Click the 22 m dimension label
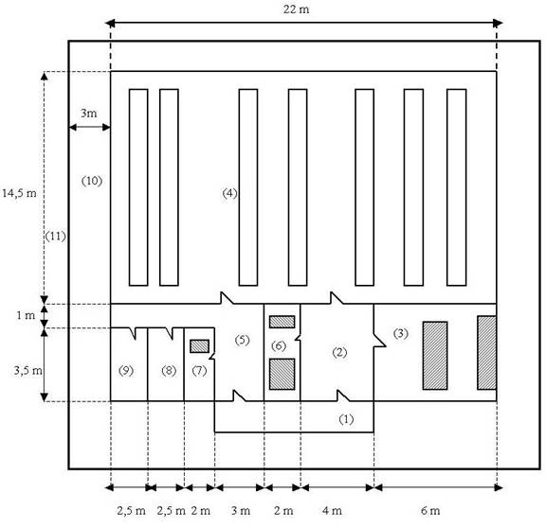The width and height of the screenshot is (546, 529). (x=296, y=9)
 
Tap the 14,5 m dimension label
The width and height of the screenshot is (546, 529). (x=19, y=193)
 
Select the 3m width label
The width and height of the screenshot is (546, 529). (x=88, y=113)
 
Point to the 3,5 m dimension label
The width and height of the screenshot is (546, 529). (x=27, y=371)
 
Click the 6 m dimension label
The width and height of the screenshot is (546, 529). (x=430, y=511)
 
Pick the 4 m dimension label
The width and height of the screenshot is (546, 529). (x=332, y=511)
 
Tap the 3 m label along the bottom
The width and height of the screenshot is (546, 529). (x=241, y=511)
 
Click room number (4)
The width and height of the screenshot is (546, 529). (x=229, y=193)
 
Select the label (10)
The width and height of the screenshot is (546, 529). (x=92, y=181)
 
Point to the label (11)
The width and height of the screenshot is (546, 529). (x=55, y=237)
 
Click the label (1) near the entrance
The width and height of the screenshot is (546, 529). (x=346, y=419)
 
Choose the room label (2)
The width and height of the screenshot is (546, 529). (x=339, y=352)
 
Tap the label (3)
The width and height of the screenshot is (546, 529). (x=400, y=334)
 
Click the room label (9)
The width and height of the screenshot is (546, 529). (x=126, y=371)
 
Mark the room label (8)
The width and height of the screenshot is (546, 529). (x=169, y=371)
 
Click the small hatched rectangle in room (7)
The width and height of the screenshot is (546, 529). (x=199, y=346)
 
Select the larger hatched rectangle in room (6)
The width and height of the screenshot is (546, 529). (x=282, y=374)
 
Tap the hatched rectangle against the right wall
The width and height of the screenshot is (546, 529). (x=487, y=352)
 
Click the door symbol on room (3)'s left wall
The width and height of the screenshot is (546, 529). (x=380, y=341)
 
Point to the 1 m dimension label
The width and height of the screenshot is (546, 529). (x=26, y=315)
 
